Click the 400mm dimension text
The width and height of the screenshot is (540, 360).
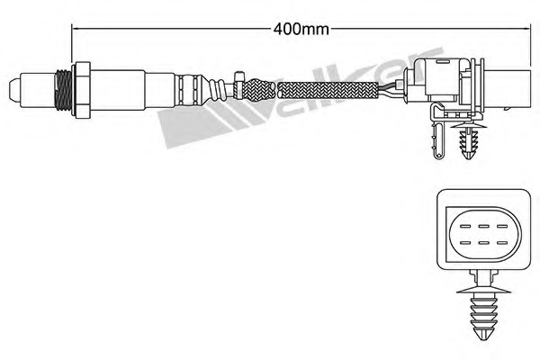tap(301, 28)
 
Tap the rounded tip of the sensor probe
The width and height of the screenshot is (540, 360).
tap(14, 89)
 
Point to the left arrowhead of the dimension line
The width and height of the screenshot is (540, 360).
tap(76, 28)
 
